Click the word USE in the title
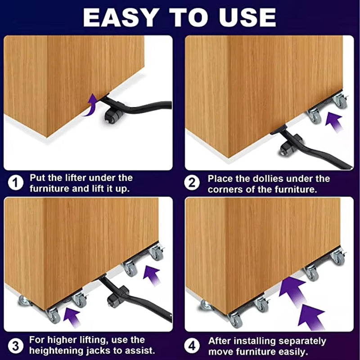point(247,18)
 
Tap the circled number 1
point(16,183)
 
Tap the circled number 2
point(192,183)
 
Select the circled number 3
point(16,346)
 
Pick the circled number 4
point(192,346)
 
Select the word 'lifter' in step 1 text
point(76,178)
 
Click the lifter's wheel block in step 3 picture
point(117,296)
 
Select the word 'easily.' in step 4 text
point(293,352)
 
